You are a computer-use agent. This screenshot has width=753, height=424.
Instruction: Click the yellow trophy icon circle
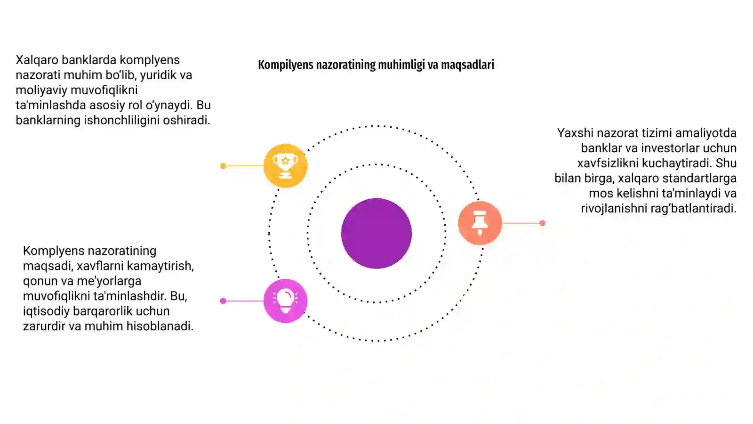pyautogui.click(x=285, y=165)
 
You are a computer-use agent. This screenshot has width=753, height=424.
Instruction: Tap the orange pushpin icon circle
pyautogui.click(x=480, y=223)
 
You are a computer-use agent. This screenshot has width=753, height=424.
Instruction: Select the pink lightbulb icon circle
pyautogui.click(x=285, y=301)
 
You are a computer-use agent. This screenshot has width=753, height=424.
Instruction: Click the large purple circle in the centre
pyautogui.click(x=376, y=233)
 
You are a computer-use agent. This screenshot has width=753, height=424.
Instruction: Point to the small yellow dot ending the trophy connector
pyautogui.click(x=223, y=166)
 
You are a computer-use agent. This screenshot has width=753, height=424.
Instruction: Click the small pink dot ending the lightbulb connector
pyautogui.click(x=223, y=301)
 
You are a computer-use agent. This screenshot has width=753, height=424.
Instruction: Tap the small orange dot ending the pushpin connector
pyautogui.click(x=542, y=223)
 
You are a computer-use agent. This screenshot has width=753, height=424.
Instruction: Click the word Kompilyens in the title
pyautogui.click(x=285, y=65)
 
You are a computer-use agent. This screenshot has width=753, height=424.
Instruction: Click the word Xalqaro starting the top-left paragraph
pyautogui.click(x=37, y=60)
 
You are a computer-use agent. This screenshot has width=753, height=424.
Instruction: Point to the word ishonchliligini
pyautogui.click(x=121, y=120)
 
